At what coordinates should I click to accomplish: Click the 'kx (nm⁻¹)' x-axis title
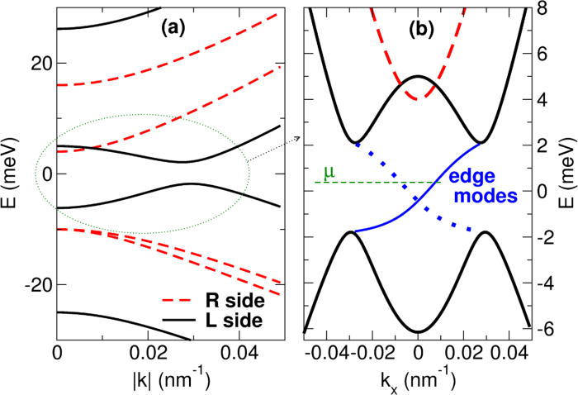coord(417,379)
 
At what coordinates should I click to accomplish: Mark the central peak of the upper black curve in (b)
coord(418,77)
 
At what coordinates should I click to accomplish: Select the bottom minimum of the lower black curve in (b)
coord(418,331)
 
